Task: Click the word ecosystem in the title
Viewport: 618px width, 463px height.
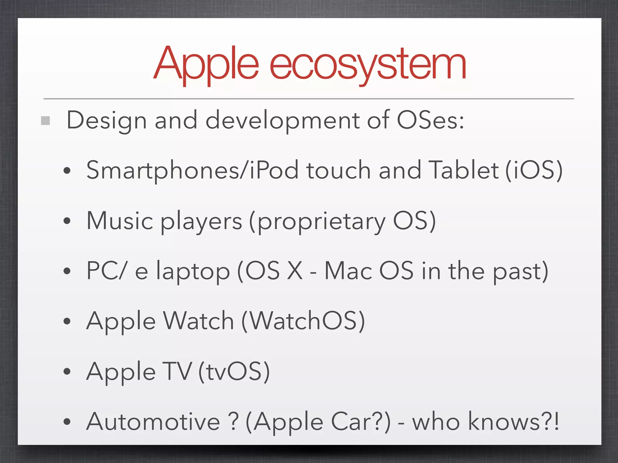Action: [x=368, y=65]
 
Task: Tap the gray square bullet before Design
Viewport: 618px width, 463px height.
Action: [x=45, y=121]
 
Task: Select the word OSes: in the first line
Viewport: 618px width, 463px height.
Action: [x=430, y=120]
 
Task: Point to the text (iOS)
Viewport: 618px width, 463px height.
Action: [x=534, y=170]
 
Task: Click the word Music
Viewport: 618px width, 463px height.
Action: [x=120, y=221]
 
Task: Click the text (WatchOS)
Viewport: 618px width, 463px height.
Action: [x=303, y=321]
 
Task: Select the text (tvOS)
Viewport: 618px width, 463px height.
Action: [x=234, y=371]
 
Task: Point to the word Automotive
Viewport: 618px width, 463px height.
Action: [x=153, y=421]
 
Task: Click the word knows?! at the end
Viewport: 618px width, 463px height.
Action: [x=513, y=421]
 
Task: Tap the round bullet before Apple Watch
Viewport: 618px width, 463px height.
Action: [x=67, y=322]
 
